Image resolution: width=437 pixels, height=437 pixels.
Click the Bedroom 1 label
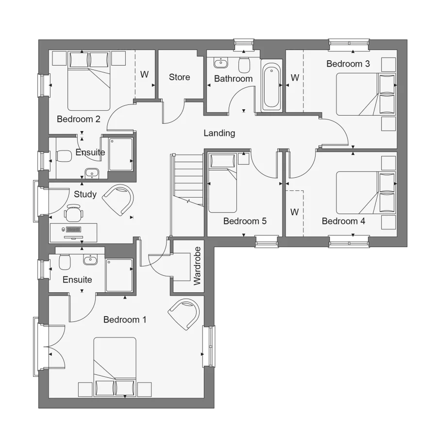pyautogui.click(x=125, y=319)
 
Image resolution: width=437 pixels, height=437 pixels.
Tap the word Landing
pyautogui.click(x=219, y=133)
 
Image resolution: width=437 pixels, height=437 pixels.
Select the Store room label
pyautogui.click(x=179, y=77)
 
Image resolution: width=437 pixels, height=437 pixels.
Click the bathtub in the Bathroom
pyautogui.click(x=271, y=86)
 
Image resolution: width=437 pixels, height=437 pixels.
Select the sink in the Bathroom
pyautogui.click(x=221, y=63)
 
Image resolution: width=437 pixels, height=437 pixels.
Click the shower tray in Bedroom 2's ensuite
pyautogui.click(x=120, y=154)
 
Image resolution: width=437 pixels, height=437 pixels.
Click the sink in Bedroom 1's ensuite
pyautogui.click(x=91, y=260)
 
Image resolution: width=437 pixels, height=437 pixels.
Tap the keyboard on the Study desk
pyautogui.click(x=74, y=229)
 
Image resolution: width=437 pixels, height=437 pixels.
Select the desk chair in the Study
pyautogui.click(x=74, y=213)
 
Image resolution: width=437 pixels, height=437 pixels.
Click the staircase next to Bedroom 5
pyautogui.click(x=187, y=180)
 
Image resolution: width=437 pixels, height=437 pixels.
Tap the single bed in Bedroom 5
pyautogui.click(x=222, y=182)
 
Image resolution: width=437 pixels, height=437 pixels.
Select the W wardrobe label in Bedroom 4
pyautogui.click(x=294, y=212)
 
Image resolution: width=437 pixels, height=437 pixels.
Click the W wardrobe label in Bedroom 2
pyautogui.click(x=144, y=75)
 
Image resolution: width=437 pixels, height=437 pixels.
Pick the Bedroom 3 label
pyautogui.click(x=348, y=64)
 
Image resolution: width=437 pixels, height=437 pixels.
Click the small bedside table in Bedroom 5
pyautogui.click(x=244, y=158)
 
